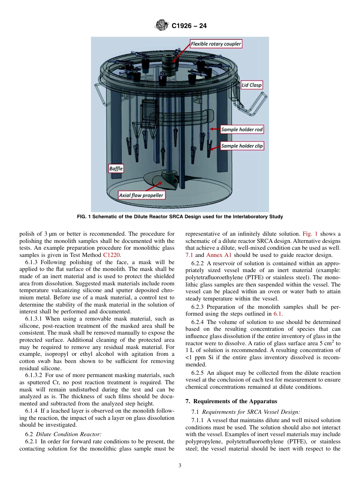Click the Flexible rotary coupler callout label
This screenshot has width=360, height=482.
coord(216,44)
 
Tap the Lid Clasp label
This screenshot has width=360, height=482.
coord(252,85)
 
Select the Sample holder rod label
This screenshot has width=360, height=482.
coord(242,130)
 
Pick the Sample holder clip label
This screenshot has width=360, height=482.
coord(242,146)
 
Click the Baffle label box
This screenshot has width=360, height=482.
coord(116,168)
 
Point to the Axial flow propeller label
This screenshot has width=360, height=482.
coord(141,196)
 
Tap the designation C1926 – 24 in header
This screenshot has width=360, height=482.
coord(189,26)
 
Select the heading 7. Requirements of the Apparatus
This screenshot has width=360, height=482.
coord(231,401)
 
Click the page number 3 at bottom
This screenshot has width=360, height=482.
coord(180,466)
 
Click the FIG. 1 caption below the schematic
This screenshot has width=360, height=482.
coord(180,217)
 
